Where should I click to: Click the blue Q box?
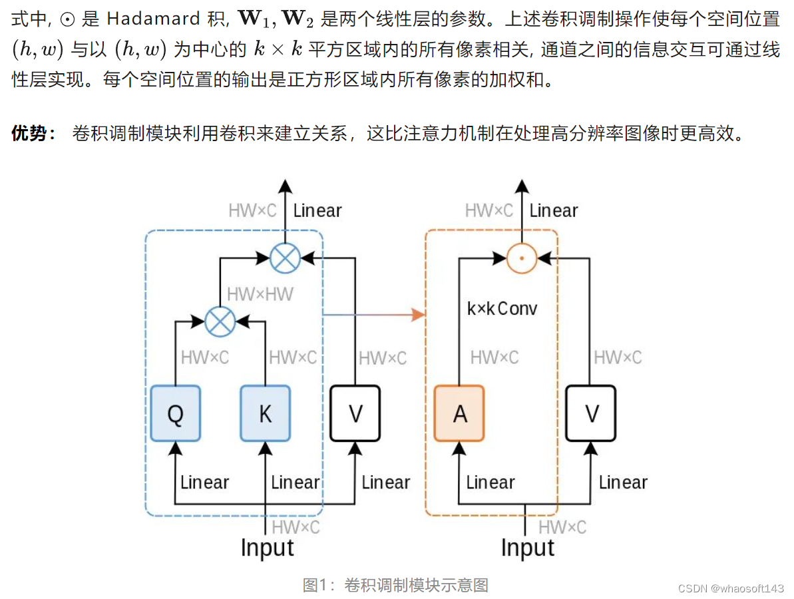point(175,413)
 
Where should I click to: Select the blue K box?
point(265,413)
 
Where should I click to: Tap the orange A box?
point(459,413)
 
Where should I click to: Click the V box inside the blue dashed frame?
point(355,413)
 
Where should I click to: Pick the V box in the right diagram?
point(590,413)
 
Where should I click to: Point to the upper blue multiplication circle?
point(286,257)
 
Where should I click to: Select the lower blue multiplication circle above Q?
point(220,321)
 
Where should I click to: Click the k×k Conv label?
point(502,309)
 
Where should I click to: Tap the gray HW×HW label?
point(260,294)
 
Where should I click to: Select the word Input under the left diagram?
point(267,548)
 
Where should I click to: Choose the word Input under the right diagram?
point(527,548)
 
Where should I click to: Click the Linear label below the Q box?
point(204,483)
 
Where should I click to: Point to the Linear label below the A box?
point(491,483)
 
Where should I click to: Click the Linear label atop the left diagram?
point(317,211)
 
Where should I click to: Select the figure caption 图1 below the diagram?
point(395,585)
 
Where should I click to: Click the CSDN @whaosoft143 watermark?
point(731,588)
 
